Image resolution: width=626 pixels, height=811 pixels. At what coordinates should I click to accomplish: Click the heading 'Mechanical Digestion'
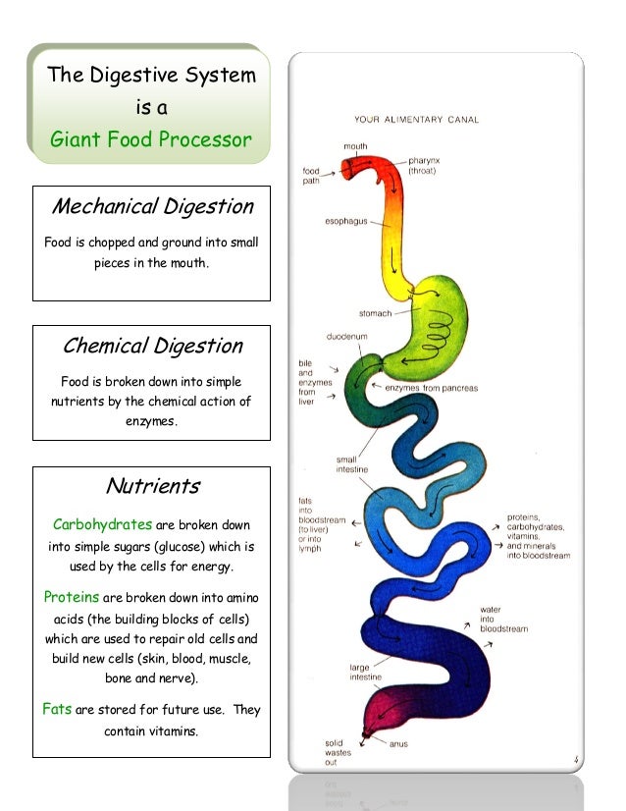(152, 207)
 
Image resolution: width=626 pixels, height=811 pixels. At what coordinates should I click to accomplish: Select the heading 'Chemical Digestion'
(152, 346)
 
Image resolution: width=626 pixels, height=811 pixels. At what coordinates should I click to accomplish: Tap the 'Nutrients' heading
(152, 485)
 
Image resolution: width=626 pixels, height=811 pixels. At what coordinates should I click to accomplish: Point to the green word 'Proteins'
(71, 597)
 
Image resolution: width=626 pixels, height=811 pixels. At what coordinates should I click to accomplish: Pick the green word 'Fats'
(57, 709)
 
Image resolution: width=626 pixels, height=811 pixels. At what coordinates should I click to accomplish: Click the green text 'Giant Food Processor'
(151, 140)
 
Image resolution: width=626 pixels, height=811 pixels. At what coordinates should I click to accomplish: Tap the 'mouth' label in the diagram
(355, 146)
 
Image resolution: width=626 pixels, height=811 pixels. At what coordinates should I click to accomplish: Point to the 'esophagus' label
(346, 222)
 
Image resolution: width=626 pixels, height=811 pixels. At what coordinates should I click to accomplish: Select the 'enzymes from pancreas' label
(431, 389)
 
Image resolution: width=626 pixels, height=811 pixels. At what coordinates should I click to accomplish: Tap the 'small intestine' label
(347, 463)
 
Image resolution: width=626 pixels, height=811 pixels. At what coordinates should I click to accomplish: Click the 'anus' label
(398, 744)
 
